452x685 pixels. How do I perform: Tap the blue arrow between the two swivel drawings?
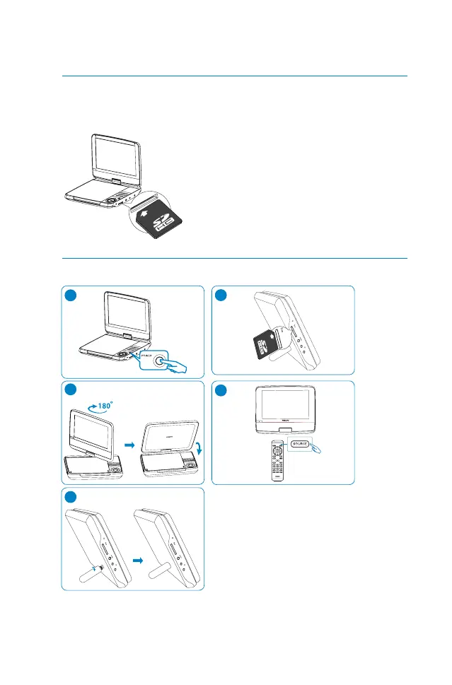pyautogui.click(x=129, y=446)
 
